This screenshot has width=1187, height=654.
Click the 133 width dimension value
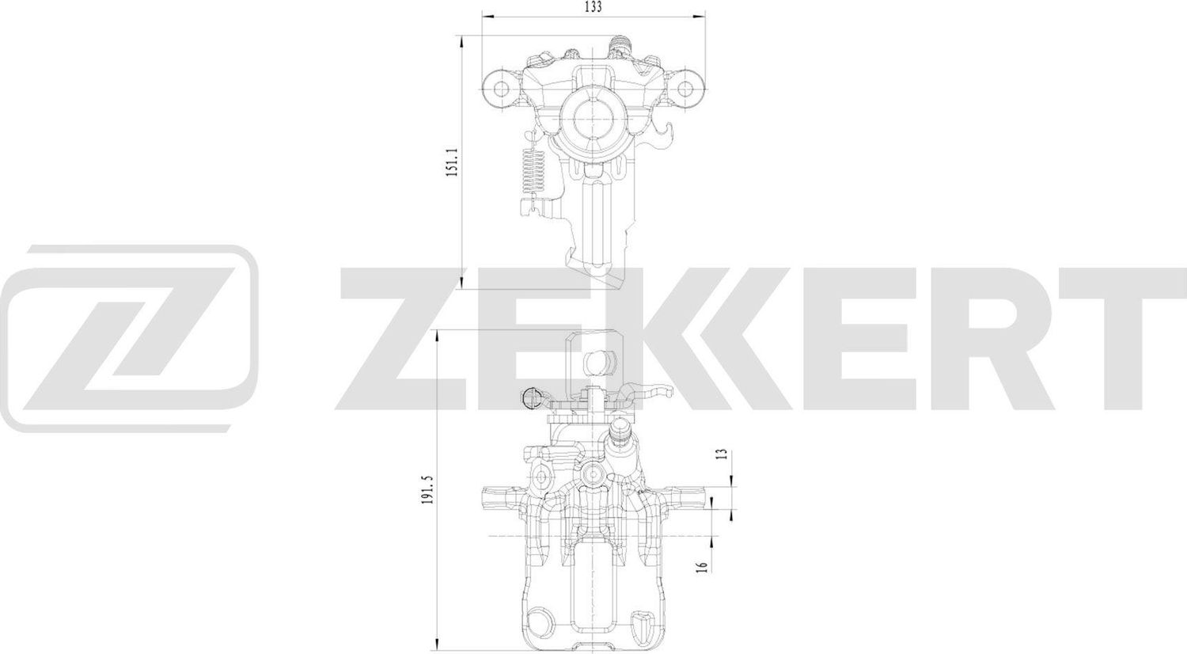(x=593, y=7)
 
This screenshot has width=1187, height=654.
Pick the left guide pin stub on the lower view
(x=499, y=499)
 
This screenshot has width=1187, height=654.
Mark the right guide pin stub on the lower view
(x=688, y=499)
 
